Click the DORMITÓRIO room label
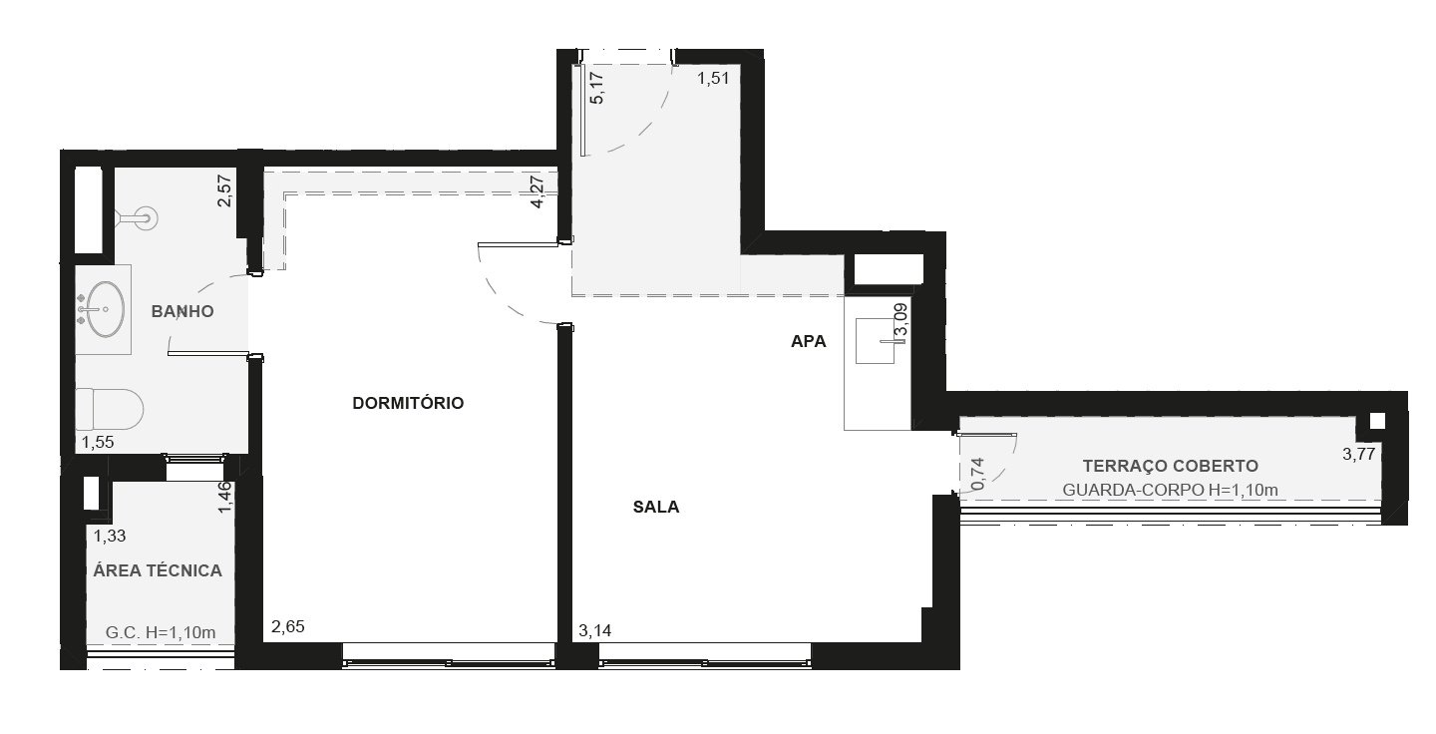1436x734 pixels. click(408, 403)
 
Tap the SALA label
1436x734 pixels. click(656, 507)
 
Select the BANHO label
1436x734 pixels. click(182, 311)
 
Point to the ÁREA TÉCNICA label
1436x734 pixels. click(158, 569)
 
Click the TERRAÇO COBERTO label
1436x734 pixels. click(1170, 466)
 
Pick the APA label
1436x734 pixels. click(809, 342)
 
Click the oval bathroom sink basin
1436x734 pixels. click(105, 309)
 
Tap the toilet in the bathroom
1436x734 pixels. click(109, 409)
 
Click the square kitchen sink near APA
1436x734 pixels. click(876, 341)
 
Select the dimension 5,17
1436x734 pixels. click(596, 88)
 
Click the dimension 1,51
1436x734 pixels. click(713, 79)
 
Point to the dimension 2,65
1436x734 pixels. click(288, 626)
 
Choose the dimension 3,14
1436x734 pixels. click(595, 631)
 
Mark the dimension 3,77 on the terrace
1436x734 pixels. click(1359, 454)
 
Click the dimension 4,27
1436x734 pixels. click(538, 191)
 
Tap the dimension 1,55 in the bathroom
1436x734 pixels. click(98, 442)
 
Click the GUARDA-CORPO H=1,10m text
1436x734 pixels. click(1170, 490)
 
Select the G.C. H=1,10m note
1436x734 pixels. click(161, 632)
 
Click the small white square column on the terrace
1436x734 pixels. click(1376, 421)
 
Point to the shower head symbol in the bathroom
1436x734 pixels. click(137, 218)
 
